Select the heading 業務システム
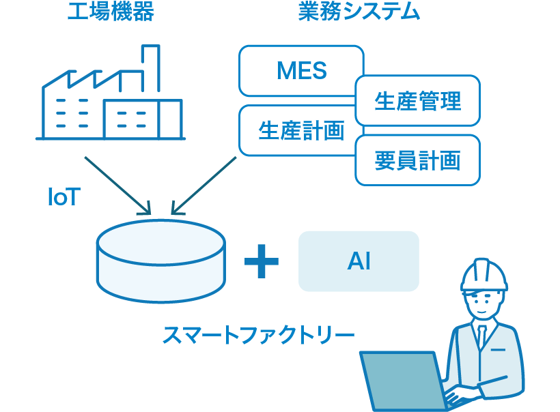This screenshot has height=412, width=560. [359, 13]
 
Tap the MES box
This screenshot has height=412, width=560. [301, 71]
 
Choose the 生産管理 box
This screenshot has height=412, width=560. [417, 101]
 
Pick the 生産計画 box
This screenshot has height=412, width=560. [301, 130]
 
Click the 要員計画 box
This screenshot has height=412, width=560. [417, 160]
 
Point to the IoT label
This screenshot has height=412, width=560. [64, 198]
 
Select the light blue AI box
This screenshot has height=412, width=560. [359, 261]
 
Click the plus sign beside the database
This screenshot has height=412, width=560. [261, 262]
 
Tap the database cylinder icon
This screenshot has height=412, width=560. [161, 263]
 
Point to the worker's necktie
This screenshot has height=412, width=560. [482, 337]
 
